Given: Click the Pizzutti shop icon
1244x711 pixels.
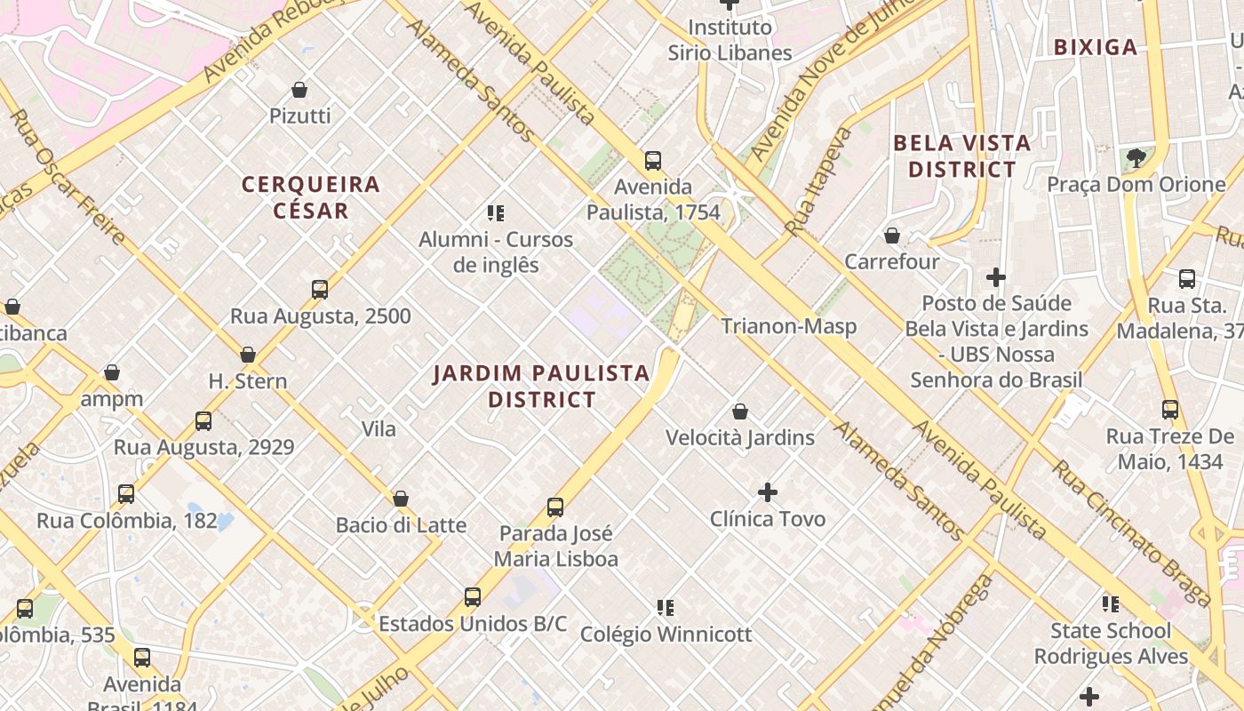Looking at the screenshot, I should (299, 90).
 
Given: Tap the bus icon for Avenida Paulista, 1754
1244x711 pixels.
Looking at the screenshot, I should (653, 161).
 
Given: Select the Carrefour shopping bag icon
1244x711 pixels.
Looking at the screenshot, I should (891, 236).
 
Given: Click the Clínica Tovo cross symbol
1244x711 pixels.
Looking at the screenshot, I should (768, 492).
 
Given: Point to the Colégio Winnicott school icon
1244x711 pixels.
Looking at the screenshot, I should (666, 608).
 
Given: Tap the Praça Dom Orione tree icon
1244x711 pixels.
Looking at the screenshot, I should (1136, 158).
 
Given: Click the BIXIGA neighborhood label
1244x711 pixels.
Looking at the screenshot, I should (1096, 47).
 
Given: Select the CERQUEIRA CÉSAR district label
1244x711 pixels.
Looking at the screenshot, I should (311, 197).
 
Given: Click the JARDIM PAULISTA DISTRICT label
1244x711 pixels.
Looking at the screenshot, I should (542, 386).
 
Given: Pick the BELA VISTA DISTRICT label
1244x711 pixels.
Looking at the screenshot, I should (962, 156).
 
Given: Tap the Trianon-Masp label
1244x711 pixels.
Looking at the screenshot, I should (789, 326).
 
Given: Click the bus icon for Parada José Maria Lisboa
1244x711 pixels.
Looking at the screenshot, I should (555, 507).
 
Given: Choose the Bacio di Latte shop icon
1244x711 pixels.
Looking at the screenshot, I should (401, 499).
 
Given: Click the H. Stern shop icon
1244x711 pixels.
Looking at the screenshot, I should (248, 355).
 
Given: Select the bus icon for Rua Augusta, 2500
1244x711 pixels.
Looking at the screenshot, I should (320, 290).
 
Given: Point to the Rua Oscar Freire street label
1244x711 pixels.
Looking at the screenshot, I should (67, 178).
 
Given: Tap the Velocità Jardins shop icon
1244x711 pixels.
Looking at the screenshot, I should (740, 411).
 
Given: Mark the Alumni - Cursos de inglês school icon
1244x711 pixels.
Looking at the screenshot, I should (496, 213).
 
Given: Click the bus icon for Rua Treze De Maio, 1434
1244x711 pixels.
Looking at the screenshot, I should (1170, 410).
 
